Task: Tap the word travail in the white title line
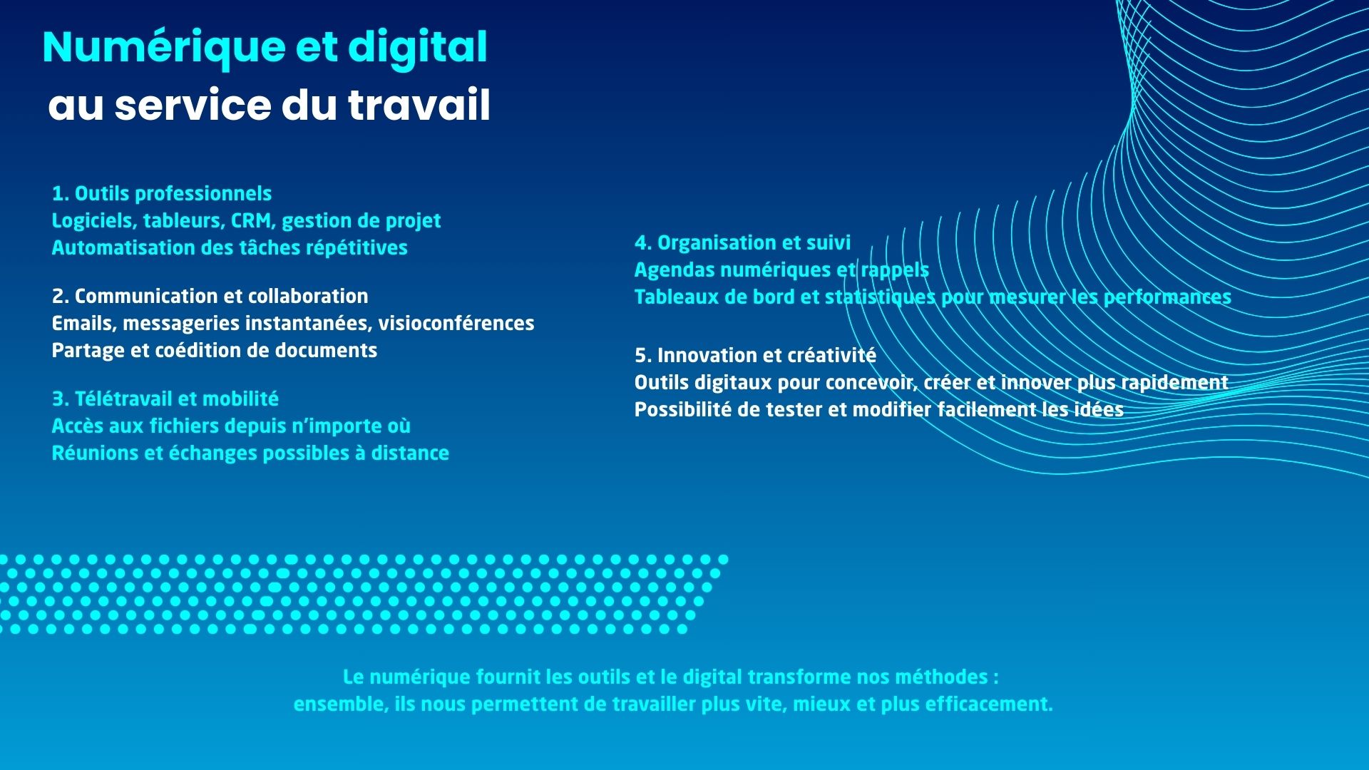[x=419, y=105]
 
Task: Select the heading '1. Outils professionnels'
[x=162, y=194]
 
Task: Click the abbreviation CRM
[x=252, y=221]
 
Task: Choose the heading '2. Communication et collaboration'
[x=210, y=297]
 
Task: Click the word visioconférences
[x=456, y=324]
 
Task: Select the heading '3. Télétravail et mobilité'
[x=165, y=399]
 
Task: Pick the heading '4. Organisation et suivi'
[x=742, y=243]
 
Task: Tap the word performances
[x=1167, y=297]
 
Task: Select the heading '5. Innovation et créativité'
[x=755, y=356]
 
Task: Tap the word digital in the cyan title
[x=418, y=48]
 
